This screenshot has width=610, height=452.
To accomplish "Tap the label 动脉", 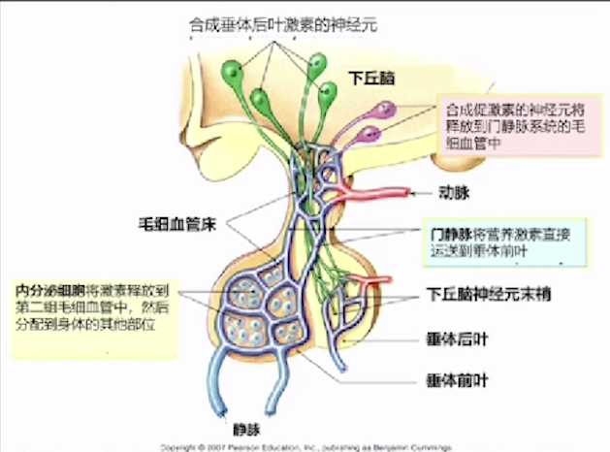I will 454,194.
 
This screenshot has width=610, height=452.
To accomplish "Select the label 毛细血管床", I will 177,224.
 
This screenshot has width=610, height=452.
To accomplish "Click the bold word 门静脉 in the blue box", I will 452,235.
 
